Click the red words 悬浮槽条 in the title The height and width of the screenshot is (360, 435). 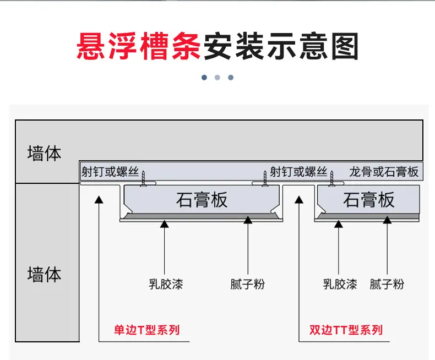[138, 46]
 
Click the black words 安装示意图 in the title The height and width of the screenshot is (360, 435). [281, 46]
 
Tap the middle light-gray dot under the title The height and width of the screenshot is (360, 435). [218, 78]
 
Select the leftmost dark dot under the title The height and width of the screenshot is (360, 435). [204, 78]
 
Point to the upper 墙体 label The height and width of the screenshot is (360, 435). [44, 153]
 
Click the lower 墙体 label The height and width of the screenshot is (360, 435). [44, 274]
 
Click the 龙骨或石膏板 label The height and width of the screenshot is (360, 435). [384, 172]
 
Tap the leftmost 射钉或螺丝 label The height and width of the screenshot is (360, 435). [110, 172]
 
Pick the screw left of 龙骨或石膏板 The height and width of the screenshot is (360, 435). [331, 178]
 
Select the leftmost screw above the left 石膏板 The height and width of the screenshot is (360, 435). [143, 178]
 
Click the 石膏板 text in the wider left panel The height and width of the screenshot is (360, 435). [202, 200]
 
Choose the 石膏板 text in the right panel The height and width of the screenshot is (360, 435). [368, 200]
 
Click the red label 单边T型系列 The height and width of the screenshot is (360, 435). [147, 330]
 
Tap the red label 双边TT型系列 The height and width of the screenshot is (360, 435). [346, 330]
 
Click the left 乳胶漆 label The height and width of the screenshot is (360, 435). [166, 284]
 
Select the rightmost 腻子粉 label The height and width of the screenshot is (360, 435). [387, 284]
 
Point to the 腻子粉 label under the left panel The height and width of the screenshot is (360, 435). [247, 284]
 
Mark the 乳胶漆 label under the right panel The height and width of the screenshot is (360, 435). [340, 284]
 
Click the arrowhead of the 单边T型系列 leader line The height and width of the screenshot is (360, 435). [99, 199]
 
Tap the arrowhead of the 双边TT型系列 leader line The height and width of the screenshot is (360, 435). [299, 199]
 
